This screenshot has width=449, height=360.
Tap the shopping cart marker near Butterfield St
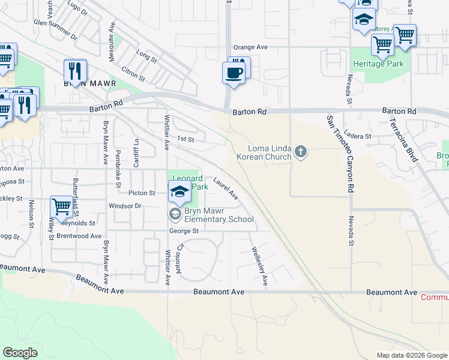[x=61, y=207]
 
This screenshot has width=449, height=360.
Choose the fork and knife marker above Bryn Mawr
[x=75, y=71]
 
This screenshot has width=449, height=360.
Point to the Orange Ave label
[x=250, y=47]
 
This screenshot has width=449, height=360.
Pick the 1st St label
[x=185, y=139]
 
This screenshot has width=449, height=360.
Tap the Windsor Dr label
[x=124, y=206]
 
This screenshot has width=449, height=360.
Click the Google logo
[x=20, y=352]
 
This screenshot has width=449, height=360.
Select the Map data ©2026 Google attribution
[x=411, y=355]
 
